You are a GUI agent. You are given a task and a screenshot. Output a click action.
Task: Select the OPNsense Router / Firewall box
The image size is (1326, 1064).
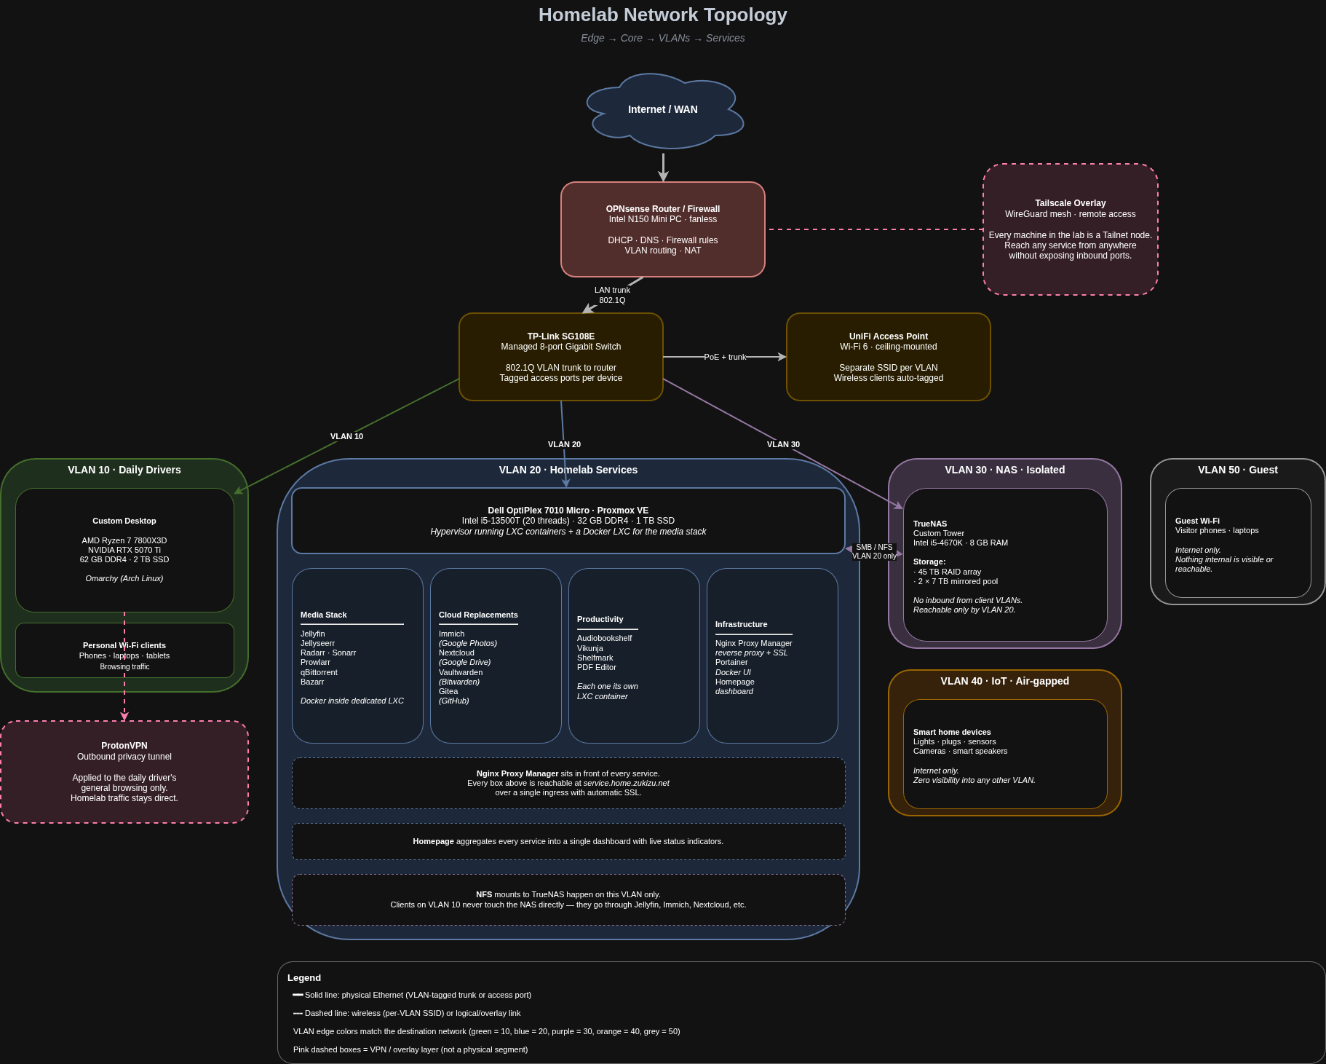click(x=663, y=229)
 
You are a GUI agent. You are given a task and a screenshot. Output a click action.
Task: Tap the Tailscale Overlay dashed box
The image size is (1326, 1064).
click(x=1071, y=229)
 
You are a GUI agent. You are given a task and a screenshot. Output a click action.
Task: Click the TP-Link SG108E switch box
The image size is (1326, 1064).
click(x=561, y=357)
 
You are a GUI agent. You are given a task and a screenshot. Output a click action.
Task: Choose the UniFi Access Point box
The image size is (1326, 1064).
click(x=889, y=357)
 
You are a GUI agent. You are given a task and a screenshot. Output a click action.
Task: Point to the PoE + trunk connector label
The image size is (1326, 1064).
click(x=725, y=357)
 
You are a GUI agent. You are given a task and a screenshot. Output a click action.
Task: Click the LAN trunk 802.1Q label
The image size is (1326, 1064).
click(x=612, y=295)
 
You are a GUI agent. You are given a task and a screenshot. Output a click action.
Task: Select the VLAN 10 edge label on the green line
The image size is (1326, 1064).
click(x=346, y=436)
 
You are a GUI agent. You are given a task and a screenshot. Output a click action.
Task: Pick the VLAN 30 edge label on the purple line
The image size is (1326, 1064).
click(x=783, y=444)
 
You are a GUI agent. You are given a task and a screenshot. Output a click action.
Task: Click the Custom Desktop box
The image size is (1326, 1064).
click(x=124, y=550)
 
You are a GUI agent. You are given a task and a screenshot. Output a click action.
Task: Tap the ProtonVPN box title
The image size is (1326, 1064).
click(x=124, y=746)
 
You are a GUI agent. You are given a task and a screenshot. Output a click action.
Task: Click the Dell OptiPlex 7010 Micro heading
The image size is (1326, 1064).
click(x=568, y=511)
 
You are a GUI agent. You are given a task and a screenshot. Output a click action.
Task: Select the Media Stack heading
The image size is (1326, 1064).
click(x=324, y=615)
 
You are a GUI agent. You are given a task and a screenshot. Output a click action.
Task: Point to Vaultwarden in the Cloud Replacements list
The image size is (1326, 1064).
click(x=461, y=672)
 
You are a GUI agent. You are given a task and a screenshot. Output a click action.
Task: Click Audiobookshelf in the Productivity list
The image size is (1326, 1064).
click(x=604, y=638)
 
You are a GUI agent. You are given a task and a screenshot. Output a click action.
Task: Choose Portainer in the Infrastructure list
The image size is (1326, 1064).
click(x=731, y=662)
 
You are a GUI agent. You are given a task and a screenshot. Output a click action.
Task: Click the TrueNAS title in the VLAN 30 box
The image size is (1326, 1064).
click(x=930, y=524)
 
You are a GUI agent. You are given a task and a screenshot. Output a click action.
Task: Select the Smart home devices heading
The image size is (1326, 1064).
click(x=952, y=732)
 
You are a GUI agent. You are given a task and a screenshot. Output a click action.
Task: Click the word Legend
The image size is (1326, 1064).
click(x=304, y=977)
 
